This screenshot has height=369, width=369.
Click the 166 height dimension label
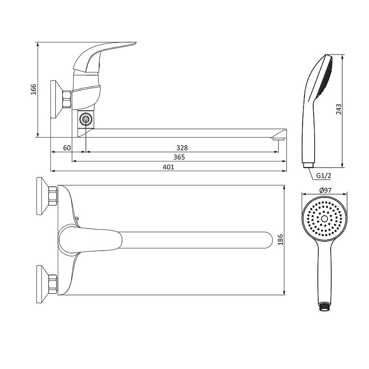34,89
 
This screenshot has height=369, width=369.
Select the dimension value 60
67,148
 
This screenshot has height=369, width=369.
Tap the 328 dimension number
182,148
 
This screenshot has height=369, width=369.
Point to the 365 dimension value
179,157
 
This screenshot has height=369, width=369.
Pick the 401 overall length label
168,167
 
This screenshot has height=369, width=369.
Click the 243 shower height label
339,109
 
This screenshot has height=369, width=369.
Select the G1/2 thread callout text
323,176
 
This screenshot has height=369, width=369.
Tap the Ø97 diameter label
325,190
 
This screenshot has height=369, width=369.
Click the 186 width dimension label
280,240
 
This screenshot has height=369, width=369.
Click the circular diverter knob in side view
86,119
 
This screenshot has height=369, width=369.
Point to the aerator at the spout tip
279,139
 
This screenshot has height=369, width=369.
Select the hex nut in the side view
66,99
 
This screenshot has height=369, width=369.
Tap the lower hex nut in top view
53,284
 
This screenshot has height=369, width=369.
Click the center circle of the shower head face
324,219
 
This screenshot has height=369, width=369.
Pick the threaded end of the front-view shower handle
324,308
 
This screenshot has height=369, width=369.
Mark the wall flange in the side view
56,100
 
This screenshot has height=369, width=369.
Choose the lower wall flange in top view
42,284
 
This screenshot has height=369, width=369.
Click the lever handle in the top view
90,240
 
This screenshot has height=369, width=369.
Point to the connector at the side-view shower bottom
308,165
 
